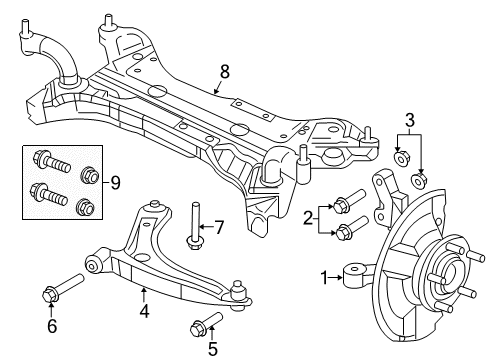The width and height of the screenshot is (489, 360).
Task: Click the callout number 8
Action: tap(224, 72)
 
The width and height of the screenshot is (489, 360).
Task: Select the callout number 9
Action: tap(116, 182)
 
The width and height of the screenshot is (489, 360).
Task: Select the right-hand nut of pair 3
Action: tap(420, 180)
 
